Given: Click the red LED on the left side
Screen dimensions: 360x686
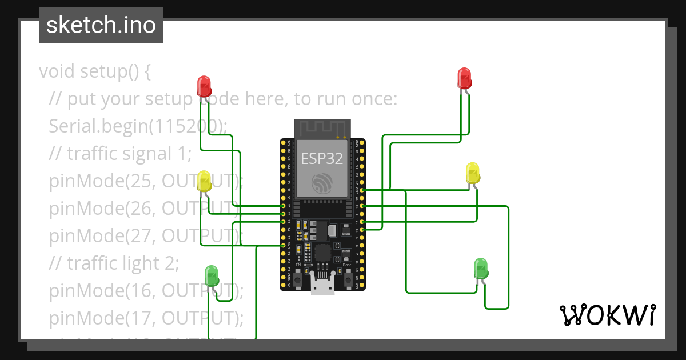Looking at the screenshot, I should click(x=204, y=86).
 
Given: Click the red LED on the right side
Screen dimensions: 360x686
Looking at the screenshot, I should click(x=464, y=78).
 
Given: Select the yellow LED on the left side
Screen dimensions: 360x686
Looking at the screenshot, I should click(x=204, y=181).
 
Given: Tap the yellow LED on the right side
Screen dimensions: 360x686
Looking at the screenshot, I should click(x=473, y=173).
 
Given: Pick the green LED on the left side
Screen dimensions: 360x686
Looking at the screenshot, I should click(x=212, y=275).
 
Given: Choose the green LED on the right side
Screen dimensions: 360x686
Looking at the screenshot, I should click(x=481, y=269).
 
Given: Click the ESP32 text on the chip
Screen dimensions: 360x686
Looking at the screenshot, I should click(x=322, y=158).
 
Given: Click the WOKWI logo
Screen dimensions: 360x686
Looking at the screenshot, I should click(x=607, y=315).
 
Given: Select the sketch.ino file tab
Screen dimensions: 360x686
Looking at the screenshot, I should click(x=101, y=25).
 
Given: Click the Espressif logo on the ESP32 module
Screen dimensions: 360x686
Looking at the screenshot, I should click(x=322, y=183).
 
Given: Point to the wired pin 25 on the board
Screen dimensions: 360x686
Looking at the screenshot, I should click(x=283, y=205).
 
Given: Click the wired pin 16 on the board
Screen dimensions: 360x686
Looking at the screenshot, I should click(x=362, y=229).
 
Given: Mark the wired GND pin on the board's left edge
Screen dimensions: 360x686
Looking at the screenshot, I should click(x=283, y=245).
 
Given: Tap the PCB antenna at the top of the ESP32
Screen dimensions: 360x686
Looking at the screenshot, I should click(x=322, y=129).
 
